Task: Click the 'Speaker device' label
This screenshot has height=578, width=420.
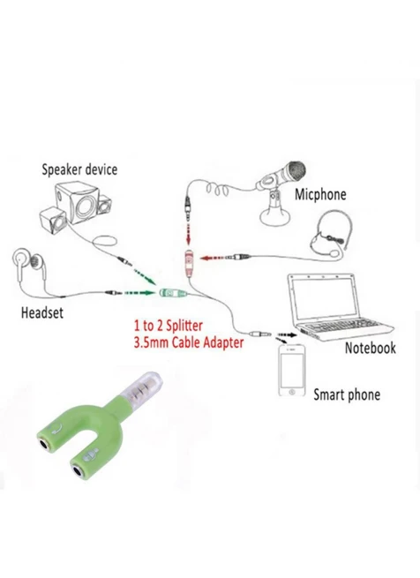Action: [x=79, y=169]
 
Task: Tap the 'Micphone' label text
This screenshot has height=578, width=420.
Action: [x=320, y=194]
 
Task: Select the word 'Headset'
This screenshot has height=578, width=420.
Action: [x=42, y=312]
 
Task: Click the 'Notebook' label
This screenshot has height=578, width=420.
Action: [x=370, y=348]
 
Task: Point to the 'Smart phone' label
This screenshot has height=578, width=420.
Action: [x=347, y=394]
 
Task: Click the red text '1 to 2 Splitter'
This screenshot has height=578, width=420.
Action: [x=169, y=326]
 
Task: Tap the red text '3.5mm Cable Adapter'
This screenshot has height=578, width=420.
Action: [x=189, y=342]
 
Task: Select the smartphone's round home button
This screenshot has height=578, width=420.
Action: [x=292, y=392]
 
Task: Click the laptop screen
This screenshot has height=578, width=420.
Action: [x=321, y=298]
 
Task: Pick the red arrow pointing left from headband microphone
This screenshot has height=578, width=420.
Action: [x=213, y=258]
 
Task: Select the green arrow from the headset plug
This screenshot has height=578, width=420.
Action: [x=139, y=293]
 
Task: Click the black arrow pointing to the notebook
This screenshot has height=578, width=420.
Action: [x=287, y=335]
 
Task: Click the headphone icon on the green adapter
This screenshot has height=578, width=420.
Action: [x=57, y=428]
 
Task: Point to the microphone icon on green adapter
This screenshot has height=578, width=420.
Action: [x=91, y=454]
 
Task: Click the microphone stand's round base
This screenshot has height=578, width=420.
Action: [x=274, y=217]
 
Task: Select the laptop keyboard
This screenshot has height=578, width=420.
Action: [x=341, y=327]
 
